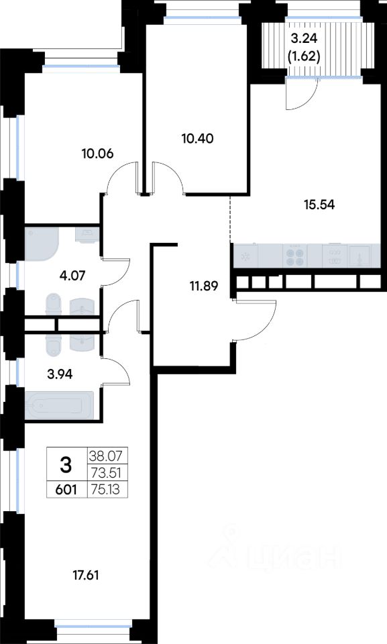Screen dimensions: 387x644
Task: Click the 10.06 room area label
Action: coord(97,154)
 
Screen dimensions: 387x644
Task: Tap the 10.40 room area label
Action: coord(198,138)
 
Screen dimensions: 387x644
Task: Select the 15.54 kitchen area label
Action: coord(319,204)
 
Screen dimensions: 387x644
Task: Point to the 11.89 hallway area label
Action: coord(204,286)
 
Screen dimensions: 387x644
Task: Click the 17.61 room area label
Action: coord(86,576)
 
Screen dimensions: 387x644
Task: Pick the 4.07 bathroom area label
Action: coord(72,275)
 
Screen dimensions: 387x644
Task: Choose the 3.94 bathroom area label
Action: coord(60,374)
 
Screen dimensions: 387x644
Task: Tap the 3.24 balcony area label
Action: coord(304,39)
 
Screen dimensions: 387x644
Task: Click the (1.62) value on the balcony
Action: coord(304,56)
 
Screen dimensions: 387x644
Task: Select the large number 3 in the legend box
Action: coord(66,466)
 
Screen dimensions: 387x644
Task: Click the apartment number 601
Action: coord(66,489)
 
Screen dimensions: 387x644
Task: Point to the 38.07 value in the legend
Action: coord(106,456)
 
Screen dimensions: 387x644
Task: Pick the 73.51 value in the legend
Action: coord(106,473)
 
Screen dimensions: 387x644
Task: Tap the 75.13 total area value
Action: coord(106,489)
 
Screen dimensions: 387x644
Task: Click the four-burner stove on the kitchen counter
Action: coord(295,256)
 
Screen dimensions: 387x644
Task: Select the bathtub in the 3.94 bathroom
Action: coord(60,406)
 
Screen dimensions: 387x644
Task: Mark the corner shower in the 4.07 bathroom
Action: coord(42,244)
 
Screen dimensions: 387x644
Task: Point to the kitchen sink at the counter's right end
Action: coord(360,256)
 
